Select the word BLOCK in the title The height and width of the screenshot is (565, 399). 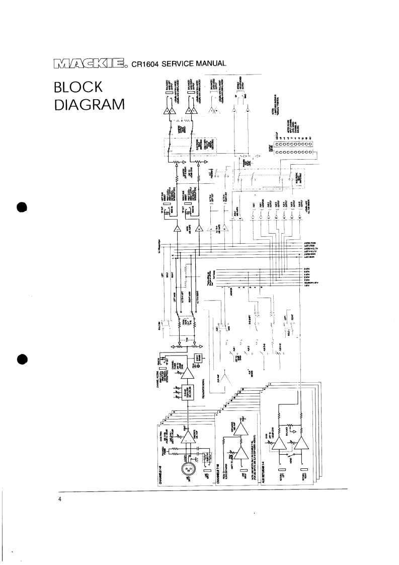(x=78, y=89)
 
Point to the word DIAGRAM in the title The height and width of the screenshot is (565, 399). (x=88, y=106)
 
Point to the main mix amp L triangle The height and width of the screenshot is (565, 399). (x=178, y=230)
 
